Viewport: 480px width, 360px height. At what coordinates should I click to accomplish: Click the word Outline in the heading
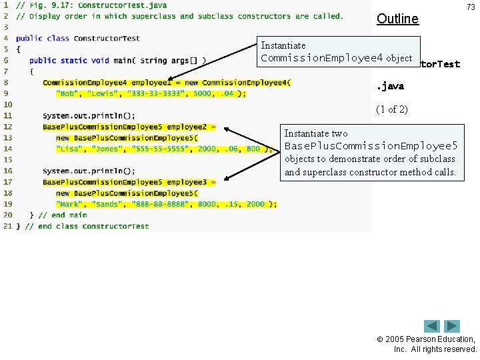pos(397,19)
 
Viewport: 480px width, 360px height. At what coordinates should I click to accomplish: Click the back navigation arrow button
pos(433,327)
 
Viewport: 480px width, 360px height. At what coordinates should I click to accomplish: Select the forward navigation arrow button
pos(453,327)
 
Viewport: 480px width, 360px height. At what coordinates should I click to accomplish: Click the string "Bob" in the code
pos(67,93)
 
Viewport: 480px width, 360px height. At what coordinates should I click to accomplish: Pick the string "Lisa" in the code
pos(69,149)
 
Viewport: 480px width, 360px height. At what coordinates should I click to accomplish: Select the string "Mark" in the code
pos(69,204)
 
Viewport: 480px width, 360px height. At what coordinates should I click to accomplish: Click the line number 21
pos(7,226)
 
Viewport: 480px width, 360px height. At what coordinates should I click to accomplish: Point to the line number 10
pos(7,105)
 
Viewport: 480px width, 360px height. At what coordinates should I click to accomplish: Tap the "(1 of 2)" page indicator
pos(393,109)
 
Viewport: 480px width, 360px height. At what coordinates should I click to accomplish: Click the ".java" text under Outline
pos(391,87)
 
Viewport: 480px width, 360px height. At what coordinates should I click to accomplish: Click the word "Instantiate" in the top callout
pos(283,45)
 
